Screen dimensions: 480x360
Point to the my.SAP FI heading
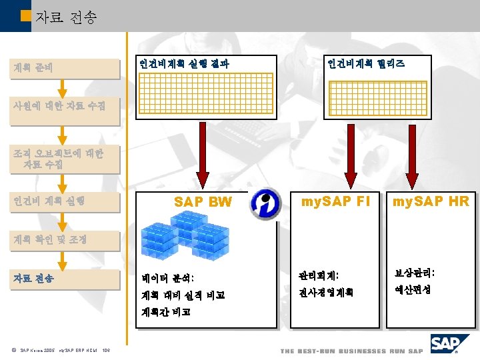click(x=335, y=201)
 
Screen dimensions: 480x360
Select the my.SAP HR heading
click(x=431, y=201)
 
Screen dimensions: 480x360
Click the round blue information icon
click(x=265, y=203)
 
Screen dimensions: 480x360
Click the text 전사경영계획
click(x=326, y=292)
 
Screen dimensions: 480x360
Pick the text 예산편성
click(x=413, y=290)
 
